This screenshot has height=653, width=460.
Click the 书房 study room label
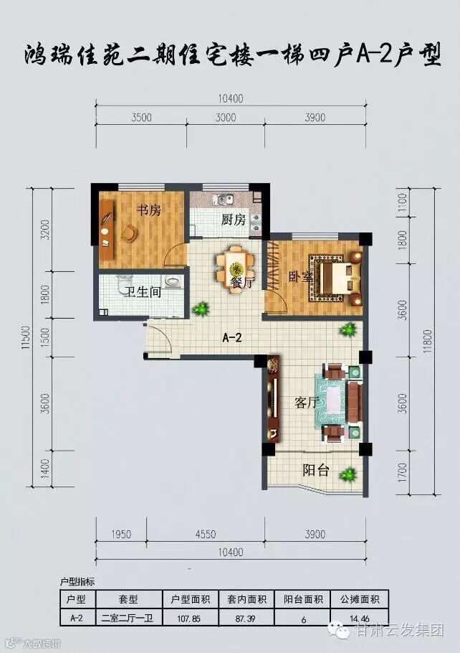pos(149,210)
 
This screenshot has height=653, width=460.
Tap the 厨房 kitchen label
pos(234,220)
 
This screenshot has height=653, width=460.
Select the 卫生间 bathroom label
pos(143,291)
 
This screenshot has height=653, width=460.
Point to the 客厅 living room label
pos(306,403)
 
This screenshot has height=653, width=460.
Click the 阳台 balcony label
pos(316,470)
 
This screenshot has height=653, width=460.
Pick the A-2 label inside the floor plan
pos(231,337)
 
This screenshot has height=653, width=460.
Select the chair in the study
pos(130,232)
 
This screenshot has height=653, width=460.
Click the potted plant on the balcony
pos(348,474)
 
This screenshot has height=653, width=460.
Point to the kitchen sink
pos(224,200)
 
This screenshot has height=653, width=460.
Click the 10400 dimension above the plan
pos(231,99)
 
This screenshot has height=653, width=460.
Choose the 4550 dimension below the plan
pos(206,534)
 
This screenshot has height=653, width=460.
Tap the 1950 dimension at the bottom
pos(121,534)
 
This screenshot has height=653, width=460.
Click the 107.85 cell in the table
pos(188,619)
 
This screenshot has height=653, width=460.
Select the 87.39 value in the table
pos(245,619)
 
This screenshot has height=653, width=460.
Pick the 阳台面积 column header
pos(303,600)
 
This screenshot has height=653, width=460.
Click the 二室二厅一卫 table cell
pos(128,619)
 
